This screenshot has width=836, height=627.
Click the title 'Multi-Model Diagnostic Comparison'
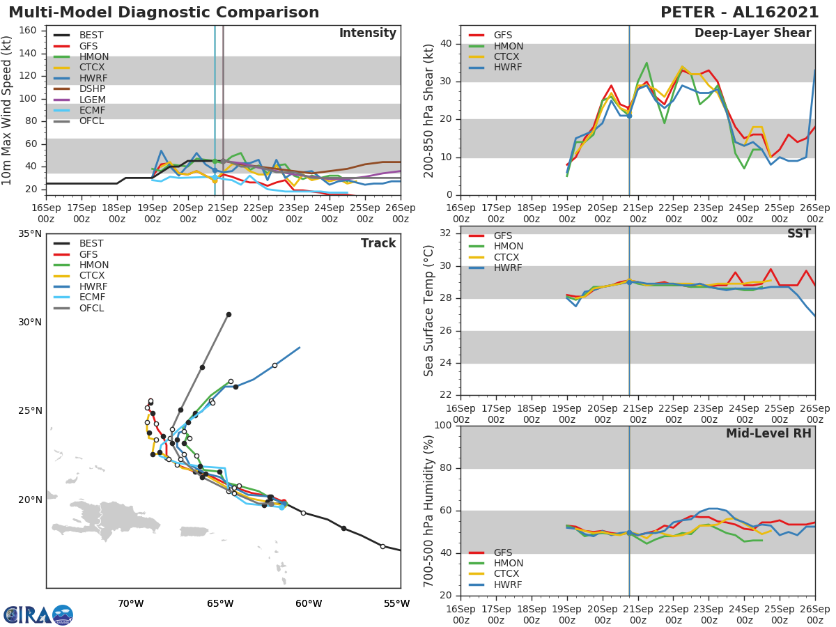coord(164,13)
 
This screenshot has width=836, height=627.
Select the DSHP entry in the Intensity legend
coord(92,88)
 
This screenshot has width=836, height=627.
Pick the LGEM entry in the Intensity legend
coord(92,100)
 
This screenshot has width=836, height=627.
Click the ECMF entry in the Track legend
coord(92,297)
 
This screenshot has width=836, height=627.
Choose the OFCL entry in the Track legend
coord(92,308)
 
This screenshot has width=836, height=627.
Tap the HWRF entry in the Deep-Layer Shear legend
coord(507,68)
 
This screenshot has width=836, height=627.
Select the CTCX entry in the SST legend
coord(507,257)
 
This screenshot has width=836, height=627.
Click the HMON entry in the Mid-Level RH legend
coord(508,563)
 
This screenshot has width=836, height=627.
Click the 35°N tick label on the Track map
coord(29,233)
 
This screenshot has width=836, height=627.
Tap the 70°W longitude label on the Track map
coord(131,603)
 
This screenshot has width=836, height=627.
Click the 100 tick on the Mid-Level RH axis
coord(442,426)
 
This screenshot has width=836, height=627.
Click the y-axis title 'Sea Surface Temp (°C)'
coord(429,311)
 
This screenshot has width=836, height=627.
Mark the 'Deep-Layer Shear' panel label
coord(752,33)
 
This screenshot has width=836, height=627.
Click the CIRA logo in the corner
coord(38,614)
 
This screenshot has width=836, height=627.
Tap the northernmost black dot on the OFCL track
coord(229,314)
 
